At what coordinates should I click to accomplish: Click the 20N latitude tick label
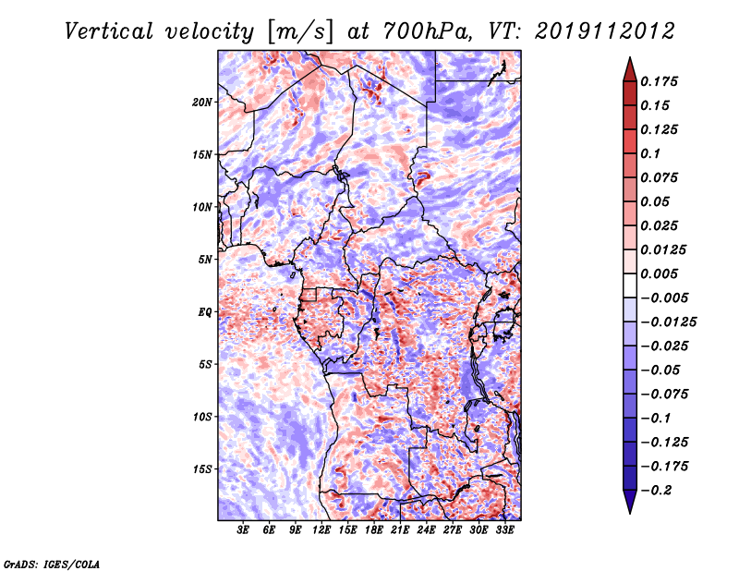(202, 103)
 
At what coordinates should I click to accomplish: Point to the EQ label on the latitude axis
(204, 312)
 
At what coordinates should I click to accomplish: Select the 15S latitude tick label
(202, 469)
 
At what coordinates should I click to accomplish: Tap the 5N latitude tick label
(205, 260)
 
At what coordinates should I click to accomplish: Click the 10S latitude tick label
(202, 417)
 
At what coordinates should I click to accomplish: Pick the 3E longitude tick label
(243, 529)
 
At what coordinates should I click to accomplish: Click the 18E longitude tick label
(374, 529)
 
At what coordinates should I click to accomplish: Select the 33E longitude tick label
(504, 529)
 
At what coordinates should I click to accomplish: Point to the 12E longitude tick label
(321, 529)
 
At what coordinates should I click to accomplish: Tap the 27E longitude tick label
(453, 529)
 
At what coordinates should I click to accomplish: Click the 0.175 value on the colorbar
(659, 81)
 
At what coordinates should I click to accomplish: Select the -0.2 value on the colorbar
(656, 491)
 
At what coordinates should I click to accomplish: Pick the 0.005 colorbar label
(659, 273)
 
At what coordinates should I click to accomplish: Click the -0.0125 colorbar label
(668, 322)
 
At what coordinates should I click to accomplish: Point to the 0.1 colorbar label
(650, 153)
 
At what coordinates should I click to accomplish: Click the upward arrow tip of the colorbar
(630, 57)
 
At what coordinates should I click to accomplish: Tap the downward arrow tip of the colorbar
(630, 514)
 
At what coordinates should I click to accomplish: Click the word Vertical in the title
(109, 31)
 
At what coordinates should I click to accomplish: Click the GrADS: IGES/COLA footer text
(52, 565)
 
